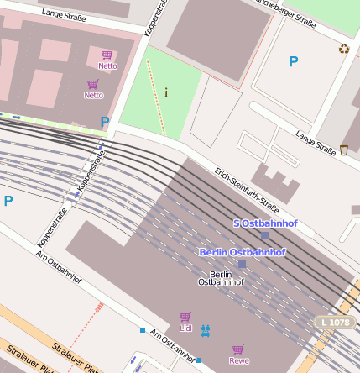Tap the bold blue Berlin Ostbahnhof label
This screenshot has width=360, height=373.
point(243,252)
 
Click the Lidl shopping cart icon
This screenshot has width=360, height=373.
point(185,318)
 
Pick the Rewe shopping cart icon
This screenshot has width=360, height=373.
point(238,349)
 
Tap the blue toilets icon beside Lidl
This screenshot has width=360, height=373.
point(206,330)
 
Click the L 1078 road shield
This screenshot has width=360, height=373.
point(336,323)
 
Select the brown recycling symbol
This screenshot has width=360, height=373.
point(343,49)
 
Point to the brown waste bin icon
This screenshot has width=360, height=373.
point(344,150)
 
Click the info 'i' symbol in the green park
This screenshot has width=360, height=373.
point(165,92)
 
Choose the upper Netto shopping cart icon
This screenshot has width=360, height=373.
point(107,55)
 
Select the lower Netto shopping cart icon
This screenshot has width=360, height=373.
point(93,84)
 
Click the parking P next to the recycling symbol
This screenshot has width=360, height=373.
point(293,61)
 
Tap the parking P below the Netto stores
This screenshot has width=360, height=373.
point(105,123)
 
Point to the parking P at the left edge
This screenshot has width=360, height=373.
point(8,201)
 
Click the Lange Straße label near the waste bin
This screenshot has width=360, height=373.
point(316,141)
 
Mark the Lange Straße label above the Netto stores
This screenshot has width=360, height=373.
point(64,14)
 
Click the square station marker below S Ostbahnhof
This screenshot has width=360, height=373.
point(264,236)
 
